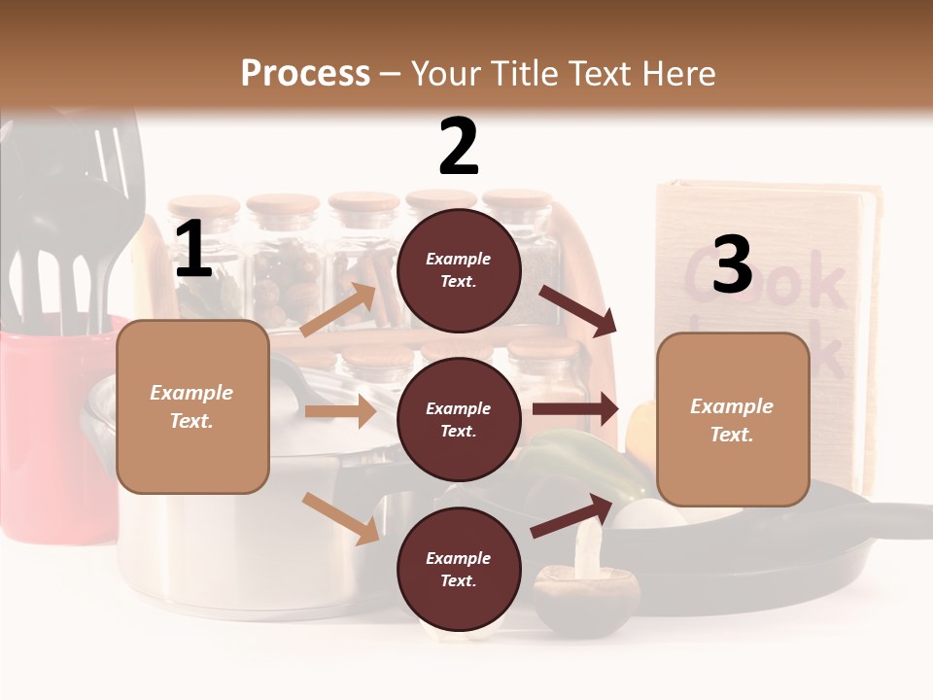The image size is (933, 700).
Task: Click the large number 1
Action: pos(193,250)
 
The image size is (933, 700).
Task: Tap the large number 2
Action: pos(459,147)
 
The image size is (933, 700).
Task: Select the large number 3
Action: pos(732,264)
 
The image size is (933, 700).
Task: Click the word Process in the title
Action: pos(305,73)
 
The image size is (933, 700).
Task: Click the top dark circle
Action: pos(459,270)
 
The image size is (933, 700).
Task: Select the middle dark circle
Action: pos(459,420)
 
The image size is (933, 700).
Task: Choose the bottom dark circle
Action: pos(459,570)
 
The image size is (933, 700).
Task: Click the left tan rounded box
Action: pos(192,406)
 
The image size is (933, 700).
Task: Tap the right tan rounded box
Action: pos(733,419)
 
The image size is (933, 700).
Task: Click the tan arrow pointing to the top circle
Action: pos(338,310)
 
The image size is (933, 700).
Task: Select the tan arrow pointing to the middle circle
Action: pos(340,411)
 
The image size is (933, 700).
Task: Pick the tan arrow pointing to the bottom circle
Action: pos(341,517)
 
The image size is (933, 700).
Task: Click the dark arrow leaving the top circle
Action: pos(577,310)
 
